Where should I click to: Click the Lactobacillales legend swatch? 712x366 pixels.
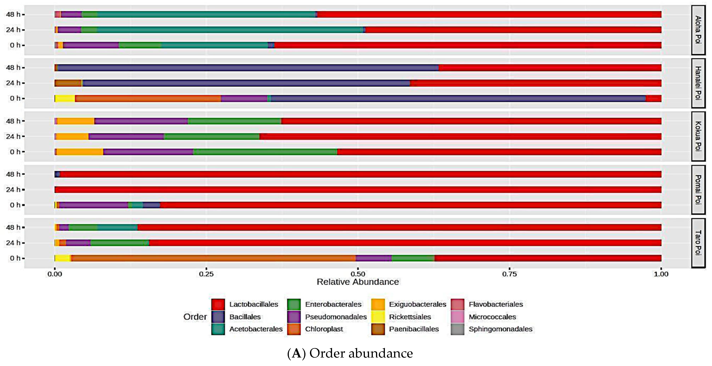coord(218,304)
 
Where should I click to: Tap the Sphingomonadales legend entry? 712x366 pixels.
coord(500,329)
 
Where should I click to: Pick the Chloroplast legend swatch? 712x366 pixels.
coord(294,329)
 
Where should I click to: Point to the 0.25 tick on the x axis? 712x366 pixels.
coord(206,274)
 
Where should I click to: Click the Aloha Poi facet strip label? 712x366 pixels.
coord(698,30)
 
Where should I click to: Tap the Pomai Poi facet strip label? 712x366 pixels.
coord(698,190)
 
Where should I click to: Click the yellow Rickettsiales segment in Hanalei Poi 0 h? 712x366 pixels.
coord(65,98)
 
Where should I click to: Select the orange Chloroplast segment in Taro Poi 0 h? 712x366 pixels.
coord(213,258)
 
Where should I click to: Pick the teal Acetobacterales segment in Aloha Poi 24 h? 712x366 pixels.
coord(229,30)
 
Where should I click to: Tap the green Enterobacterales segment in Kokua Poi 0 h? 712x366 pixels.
coord(265,152)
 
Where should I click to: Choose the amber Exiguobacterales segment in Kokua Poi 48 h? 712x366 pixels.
coord(76,121)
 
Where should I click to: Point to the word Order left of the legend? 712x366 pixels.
coord(195,317)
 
